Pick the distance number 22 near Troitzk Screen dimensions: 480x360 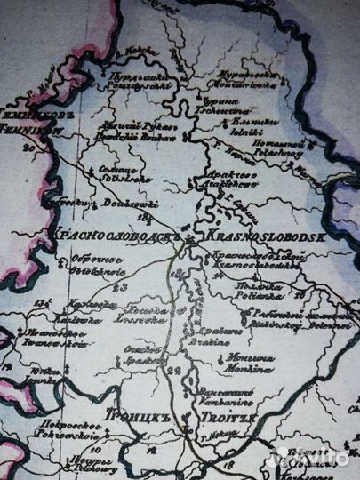pyautogui.click(x=173, y=370)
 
